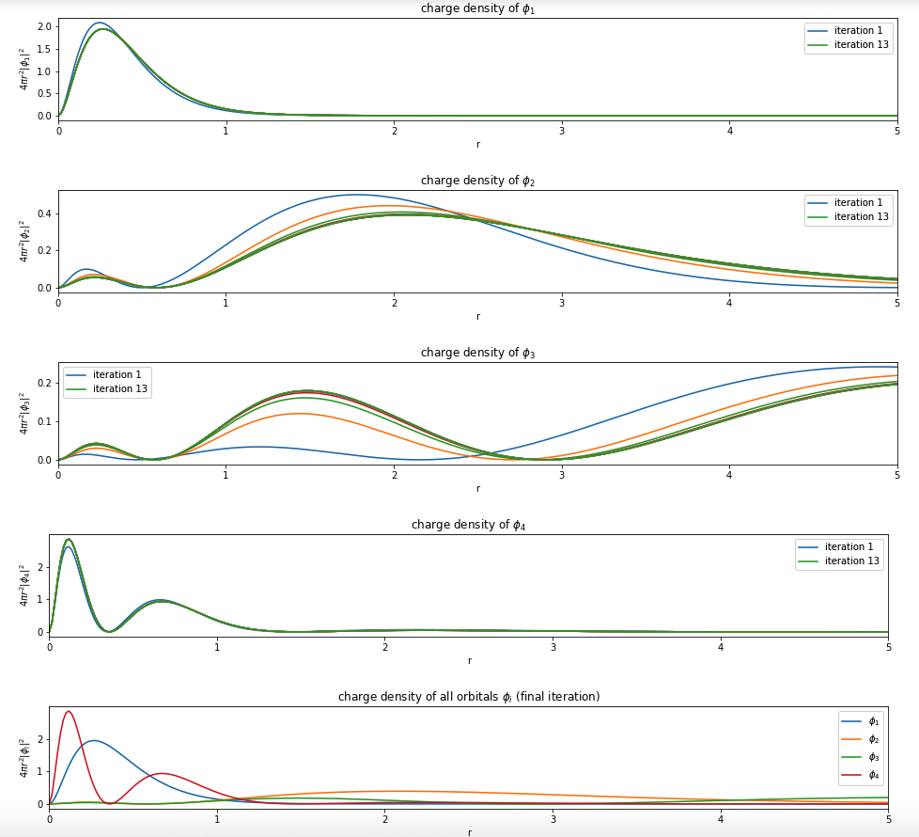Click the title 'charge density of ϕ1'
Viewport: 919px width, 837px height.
pyautogui.click(x=477, y=8)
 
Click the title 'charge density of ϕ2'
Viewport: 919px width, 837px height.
pyautogui.click(x=477, y=181)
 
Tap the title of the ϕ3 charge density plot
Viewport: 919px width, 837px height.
pyautogui.click(x=477, y=353)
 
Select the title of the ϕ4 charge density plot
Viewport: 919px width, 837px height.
pyautogui.click(x=468, y=525)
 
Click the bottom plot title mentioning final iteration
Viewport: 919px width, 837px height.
pyautogui.click(x=468, y=697)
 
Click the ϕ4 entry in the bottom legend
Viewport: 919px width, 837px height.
pyautogui.click(x=873, y=775)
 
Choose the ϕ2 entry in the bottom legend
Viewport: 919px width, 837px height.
pyautogui.click(x=873, y=739)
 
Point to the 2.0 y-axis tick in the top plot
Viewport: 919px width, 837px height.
pyautogui.click(x=44, y=26)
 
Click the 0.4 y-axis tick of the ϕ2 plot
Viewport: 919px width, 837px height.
pyautogui.click(x=44, y=213)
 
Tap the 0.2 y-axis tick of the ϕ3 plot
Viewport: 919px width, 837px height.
pyautogui.click(x=44, y=383)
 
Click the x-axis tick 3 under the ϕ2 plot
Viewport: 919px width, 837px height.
pyautogui.click(x=562, y=302)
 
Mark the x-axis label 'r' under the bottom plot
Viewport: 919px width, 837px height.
pyautogui.click(x=469, y=832)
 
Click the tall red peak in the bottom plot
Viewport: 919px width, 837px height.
pyautogui.click(x=68, y=711)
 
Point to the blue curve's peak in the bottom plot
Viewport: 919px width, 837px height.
pyautogui.click(x=92, y=740)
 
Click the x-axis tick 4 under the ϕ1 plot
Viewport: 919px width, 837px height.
pyautogui.click(x=730, y=130)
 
